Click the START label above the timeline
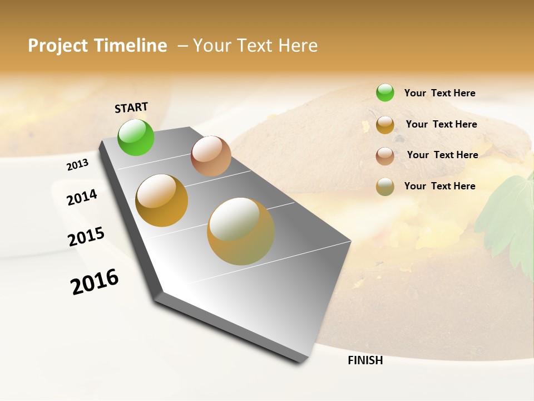pyautogui.click(x=131, y=107)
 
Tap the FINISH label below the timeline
pyautogui.click(x=365, y=360)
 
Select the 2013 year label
pyautogui.click(x=78, y=165)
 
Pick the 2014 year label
pyautogui.click(x=82, y=197)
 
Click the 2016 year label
pyautogui.click(x=95, y=281)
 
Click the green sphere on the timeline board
pyautogui.click(x=136, y=137)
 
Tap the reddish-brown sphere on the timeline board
pyautogui.click(x=211, y=156)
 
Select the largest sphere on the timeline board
pyautogui.click(x=241, y=231)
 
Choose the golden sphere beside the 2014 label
pyautogui.click(x=162, y=200)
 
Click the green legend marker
pyautogui.click(x=385, y=92)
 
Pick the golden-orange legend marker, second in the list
pyautogui.click(x=385, y=125)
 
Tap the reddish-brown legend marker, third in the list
pyautogui.click(x=385, y=156)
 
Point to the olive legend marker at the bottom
pyautogui.click(x=385, y=187)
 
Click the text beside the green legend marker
pyautogui.click(x=439, y=93)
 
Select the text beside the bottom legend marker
pyautogui.click(x=439, y=186)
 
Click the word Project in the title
pyautogui.click(x=58, y=46)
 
